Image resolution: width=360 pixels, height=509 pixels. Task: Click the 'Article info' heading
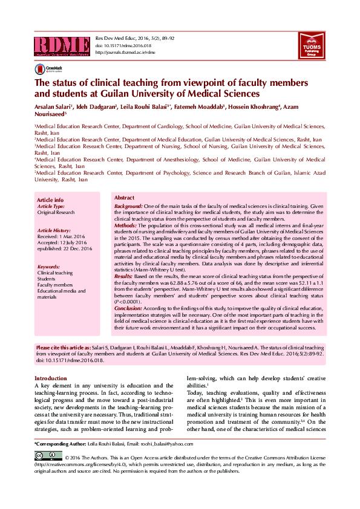50,199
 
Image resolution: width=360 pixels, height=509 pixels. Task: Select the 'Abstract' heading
125,198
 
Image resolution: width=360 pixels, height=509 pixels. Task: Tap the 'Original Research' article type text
56,213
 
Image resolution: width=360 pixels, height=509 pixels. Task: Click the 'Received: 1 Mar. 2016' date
61,237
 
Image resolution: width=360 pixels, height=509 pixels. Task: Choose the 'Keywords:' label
48,267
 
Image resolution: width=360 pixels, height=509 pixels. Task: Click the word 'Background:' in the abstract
128,207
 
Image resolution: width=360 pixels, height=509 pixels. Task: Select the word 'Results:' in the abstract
125,276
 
